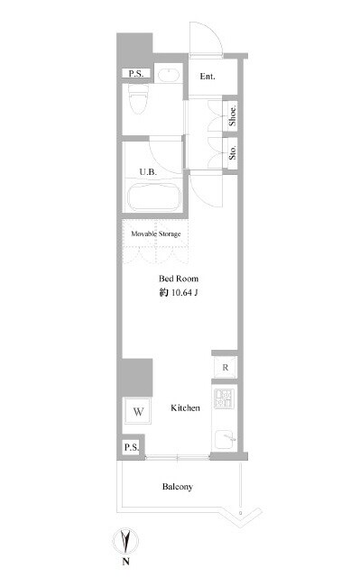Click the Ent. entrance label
[208, 77]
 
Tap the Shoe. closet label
[232, 115]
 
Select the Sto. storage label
[232, 152]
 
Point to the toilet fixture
[138, 98]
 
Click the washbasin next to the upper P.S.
[169, 75]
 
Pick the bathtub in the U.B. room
[154, 197]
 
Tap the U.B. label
[148, 172]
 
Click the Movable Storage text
[156, 234]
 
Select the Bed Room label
[179, 279]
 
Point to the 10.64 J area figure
[184, 293]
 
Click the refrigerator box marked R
[225, 367]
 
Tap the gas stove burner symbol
[224, 398]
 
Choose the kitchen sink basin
[225, 439]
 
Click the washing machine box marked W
[138, 411]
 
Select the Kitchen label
[185, 408]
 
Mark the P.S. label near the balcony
[132, 447]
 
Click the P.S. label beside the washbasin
[136, 73]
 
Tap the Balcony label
[178, 487]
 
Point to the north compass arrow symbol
[126, 541]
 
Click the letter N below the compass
[126, 562]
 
